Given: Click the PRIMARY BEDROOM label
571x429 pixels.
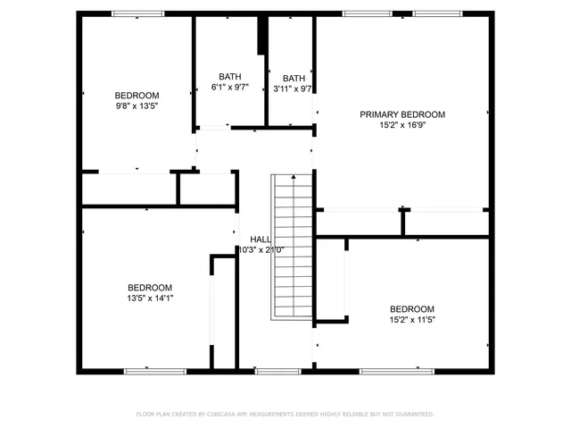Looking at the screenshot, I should pos(402,114).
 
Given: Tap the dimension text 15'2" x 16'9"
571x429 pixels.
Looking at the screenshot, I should pos(402,126).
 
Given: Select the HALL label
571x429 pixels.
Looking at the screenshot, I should pos(261,240).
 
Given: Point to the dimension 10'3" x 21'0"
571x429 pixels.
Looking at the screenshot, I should pos(261,250).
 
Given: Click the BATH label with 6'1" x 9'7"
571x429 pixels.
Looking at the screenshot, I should pos(229,77).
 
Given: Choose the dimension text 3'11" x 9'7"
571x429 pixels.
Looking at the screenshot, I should pos(294,88).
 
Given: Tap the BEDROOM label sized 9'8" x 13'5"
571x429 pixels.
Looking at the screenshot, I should pos(137,96).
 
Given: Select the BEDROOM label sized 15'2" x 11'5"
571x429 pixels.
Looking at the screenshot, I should pos(412,308).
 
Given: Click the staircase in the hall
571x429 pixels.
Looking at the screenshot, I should pos(291,250).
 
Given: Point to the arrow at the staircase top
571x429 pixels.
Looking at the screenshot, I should pos(293,177).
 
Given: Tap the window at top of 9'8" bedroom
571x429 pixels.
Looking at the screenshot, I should pos(137,13).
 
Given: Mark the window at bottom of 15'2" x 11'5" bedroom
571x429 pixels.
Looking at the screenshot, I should pos(410,370).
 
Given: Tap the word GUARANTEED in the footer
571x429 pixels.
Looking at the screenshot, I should pos(413,414).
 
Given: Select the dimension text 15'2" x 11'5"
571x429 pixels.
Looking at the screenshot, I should pos(412,319).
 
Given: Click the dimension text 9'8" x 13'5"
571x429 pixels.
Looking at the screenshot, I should pos(137,107).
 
